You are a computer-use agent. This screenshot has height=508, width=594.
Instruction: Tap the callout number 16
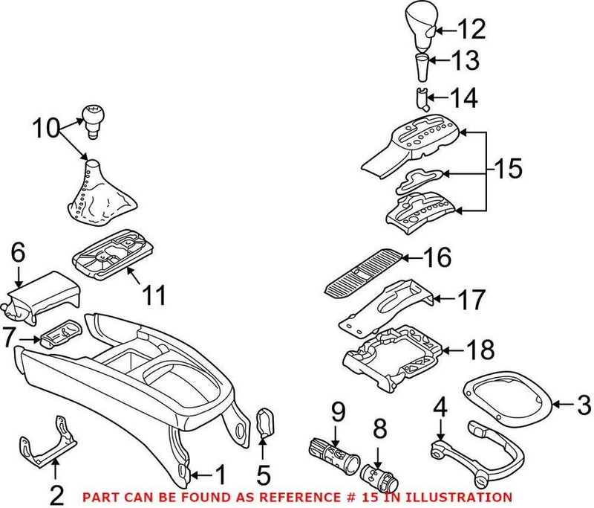point(437,259)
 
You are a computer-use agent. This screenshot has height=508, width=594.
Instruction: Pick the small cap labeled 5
point(265,423)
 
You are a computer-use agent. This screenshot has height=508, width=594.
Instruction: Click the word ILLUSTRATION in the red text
point(465,497)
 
